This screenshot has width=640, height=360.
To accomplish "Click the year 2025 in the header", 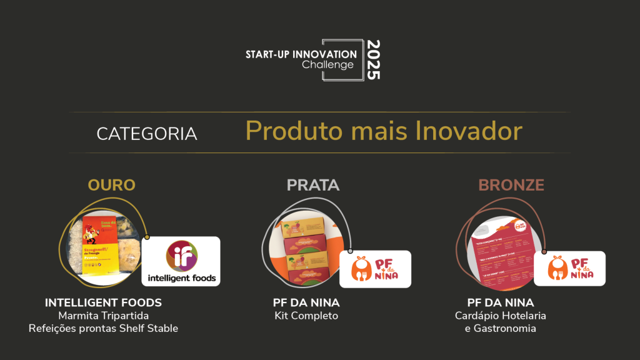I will (x=373, y=60).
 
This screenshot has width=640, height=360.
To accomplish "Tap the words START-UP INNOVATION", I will (x=301, y=54).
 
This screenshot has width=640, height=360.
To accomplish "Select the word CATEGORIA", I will (x=147, y=134).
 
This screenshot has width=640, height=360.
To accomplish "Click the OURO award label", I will (x=112, y=185).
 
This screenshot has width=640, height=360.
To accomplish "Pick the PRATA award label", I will (x=313, y=185).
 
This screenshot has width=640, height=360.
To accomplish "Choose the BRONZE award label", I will (x=511, y=185).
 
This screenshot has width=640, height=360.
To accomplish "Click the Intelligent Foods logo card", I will (x=181, y=261).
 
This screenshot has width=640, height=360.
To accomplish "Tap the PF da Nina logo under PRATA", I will (x=375, y=269).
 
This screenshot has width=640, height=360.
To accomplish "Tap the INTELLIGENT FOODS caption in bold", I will (x=103, y=303).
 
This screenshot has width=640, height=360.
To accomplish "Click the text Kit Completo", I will (x=306, y=316).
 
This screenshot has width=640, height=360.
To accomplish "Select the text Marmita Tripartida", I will (x=103, y=316).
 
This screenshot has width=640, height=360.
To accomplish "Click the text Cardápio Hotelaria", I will (x=501, y=316).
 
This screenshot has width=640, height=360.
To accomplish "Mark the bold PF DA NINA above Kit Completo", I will (x=306, y=303).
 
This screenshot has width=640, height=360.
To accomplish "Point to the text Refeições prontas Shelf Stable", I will (x=103, y=328).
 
